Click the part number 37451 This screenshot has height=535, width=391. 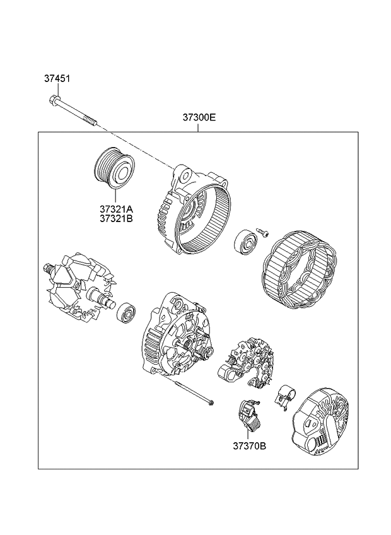(57, 79)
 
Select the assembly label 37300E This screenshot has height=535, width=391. (199, 117)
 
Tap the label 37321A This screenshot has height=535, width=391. (115, 208)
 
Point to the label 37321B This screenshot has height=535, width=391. (115, 219)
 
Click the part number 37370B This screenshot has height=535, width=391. (249, 446)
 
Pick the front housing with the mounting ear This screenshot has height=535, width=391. (195, 208)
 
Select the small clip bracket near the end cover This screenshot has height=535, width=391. (284, 396)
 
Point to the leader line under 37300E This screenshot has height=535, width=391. (199, 127)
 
